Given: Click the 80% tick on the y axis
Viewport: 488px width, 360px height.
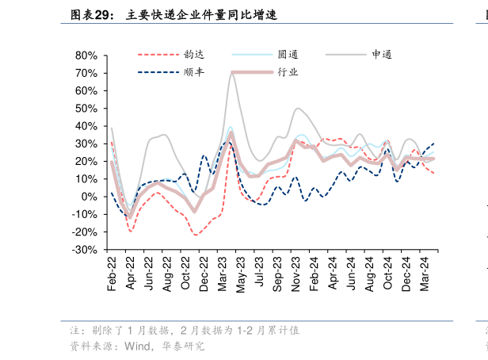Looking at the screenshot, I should coord(86,56).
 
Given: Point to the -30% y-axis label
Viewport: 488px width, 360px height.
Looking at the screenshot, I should coord(85,250).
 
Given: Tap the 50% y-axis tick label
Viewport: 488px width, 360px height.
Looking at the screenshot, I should coord(86,109).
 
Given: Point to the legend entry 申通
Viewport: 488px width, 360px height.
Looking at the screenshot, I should coord(382,55).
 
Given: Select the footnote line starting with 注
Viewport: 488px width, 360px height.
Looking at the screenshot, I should coord(184,330).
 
